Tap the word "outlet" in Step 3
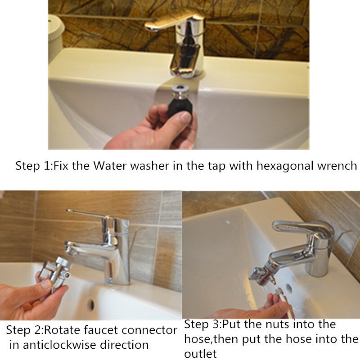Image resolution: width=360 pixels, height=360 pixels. pos(200,354)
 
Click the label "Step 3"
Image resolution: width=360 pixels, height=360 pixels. pos(203,325)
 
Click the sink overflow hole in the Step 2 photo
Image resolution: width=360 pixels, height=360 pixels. pos(91,305)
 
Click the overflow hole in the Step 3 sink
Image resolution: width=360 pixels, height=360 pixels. pos(289,288)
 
